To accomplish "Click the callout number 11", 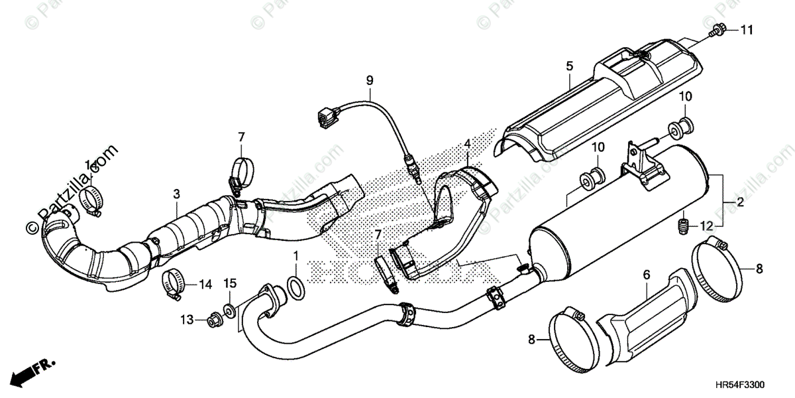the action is (747, 30).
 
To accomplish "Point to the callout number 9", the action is (370, 80).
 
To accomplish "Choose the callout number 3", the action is (176, 194).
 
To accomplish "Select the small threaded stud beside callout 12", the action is (682, 226).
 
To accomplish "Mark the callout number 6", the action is (647, 273).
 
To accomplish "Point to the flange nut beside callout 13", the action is (215, 320).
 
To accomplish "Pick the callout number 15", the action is (230, 285).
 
